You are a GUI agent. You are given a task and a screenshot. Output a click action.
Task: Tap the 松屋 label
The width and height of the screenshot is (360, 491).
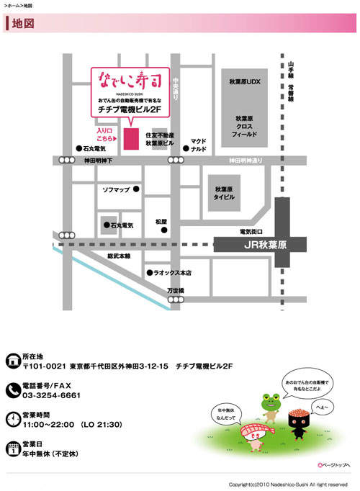[x=161, y=221]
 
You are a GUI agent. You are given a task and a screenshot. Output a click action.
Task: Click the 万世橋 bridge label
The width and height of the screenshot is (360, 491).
[x=176, y=291]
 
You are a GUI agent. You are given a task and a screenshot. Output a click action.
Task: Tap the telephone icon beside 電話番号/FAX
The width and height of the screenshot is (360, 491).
[x=12, y=390]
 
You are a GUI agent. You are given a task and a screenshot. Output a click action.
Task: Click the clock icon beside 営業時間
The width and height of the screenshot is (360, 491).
[x=12, y=419]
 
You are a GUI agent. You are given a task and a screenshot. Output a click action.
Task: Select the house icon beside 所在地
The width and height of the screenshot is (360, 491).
[x=12, y=361]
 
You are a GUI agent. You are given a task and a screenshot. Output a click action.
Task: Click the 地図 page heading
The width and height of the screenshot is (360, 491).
[x=23, y=23]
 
